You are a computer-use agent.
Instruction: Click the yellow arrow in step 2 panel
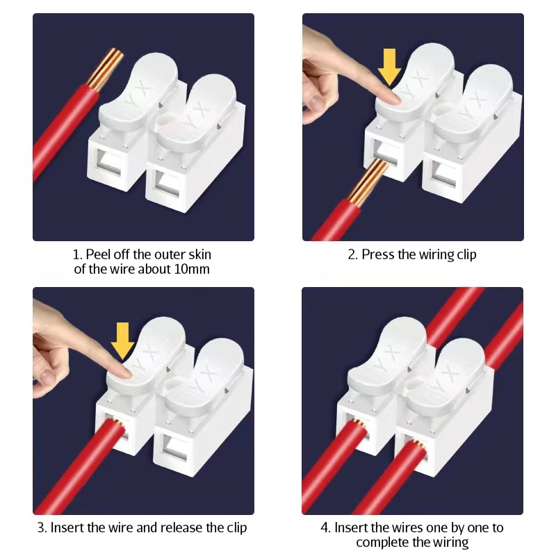click(x=389, y=67)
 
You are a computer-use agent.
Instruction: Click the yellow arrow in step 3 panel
click(x=123, y=341)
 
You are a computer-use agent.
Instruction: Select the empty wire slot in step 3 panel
click(x=175, y=450)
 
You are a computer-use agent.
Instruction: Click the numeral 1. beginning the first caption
click(x=77, y=254)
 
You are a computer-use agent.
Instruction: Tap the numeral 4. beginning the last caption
click(x=326, y=528)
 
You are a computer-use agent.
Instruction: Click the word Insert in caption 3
click(x=67, y=528)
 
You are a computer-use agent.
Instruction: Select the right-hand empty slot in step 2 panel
click(x=443, y=174)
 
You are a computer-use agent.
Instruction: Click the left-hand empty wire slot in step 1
click(x=108, y=163)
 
